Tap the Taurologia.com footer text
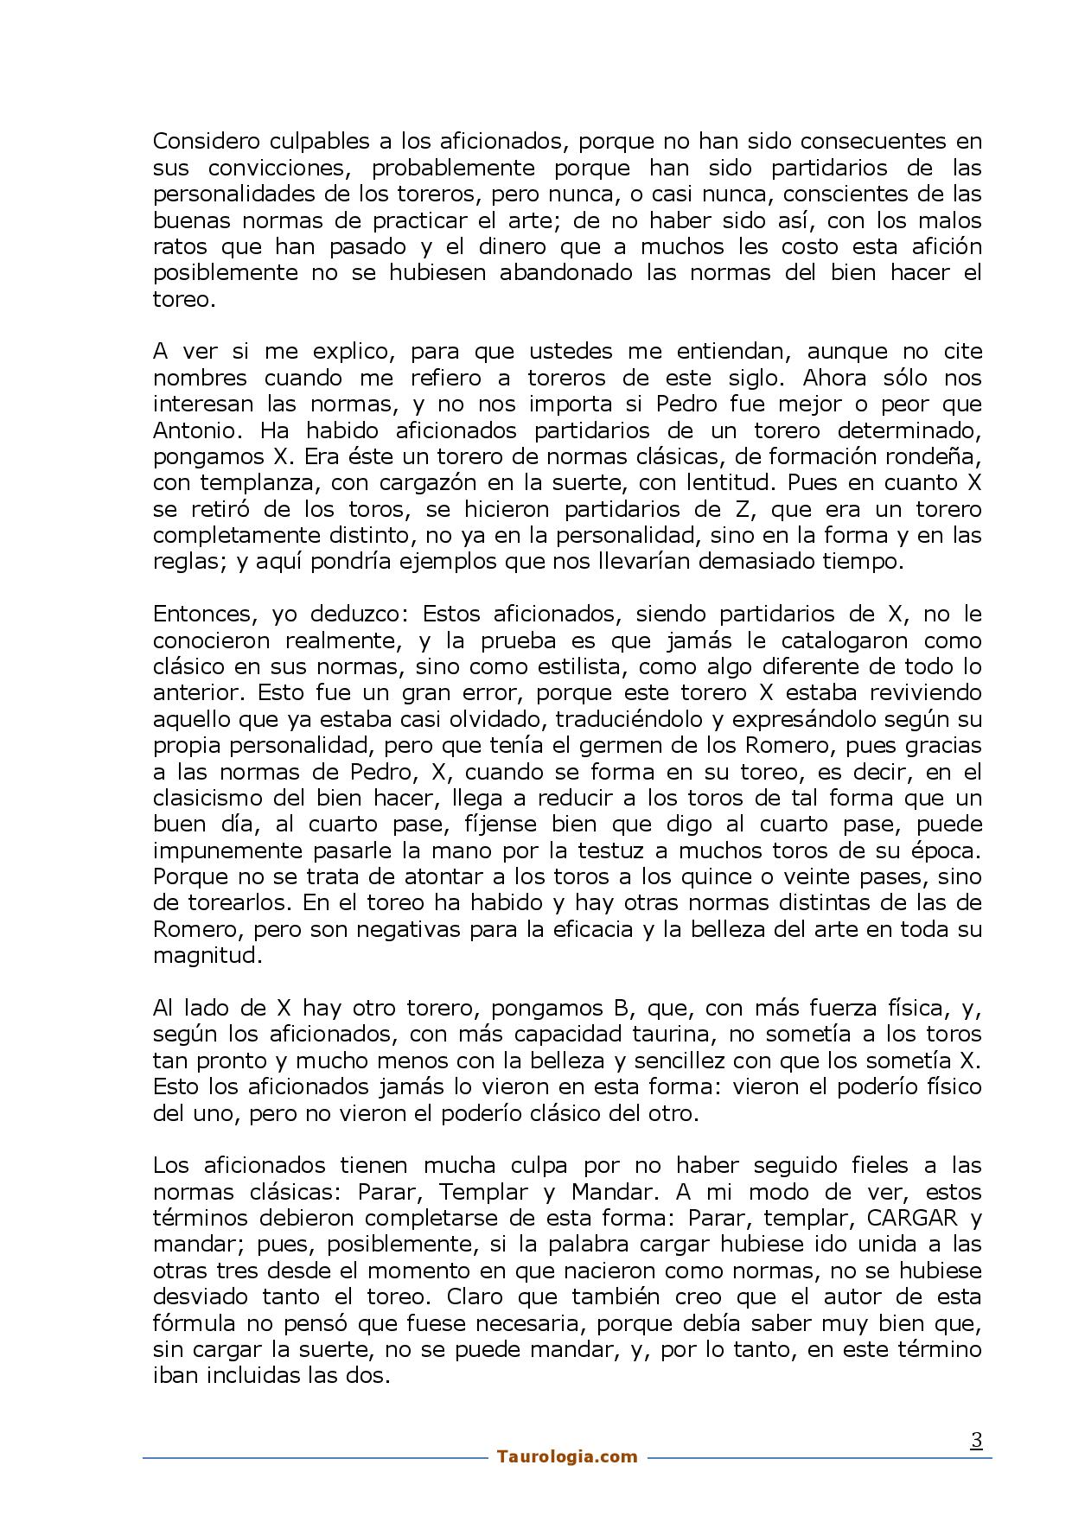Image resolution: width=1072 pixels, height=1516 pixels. (567, 1456)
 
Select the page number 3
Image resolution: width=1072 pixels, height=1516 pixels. (976, 1440)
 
